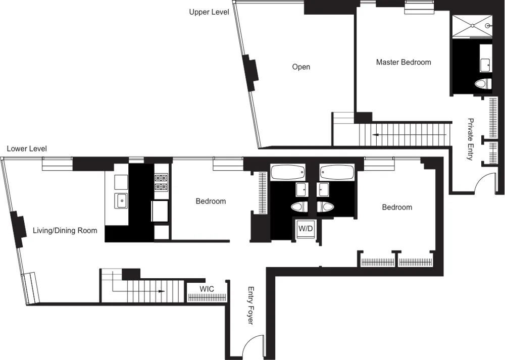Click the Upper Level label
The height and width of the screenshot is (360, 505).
coord(209,12)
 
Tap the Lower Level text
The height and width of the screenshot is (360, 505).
coord(27,149)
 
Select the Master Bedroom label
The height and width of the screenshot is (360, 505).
coord(403,62)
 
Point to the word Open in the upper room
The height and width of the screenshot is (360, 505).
coord(301,67)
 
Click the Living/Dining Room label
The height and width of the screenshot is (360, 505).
coord(65,231)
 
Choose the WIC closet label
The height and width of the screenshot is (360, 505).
coord(207,289)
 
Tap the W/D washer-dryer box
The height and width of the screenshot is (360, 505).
coord(306,229)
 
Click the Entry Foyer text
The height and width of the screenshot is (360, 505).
coord(250,305)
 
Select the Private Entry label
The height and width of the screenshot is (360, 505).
coord(471,139)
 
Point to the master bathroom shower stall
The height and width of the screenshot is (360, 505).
coord(472,26)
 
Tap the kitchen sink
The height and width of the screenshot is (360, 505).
coord(122,200)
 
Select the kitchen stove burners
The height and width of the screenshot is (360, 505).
coord(161,182)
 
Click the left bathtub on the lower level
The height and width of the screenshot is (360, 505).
coord(288,173)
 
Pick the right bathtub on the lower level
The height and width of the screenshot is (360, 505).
coord(337,173)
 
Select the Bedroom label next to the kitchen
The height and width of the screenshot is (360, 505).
coord(211,201)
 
